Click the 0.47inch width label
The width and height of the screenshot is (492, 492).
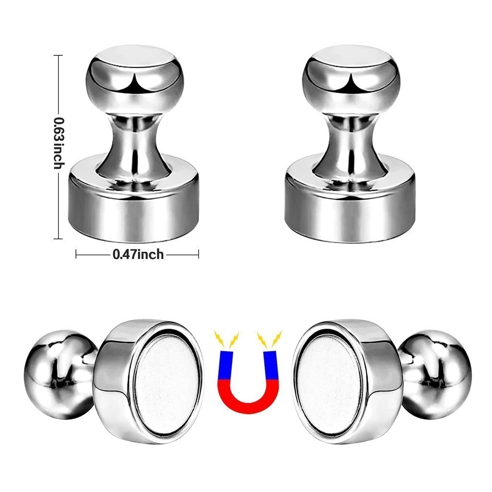coord(138,254)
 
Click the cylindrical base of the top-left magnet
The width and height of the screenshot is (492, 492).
coord(134,207)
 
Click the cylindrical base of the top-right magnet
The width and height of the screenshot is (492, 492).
coord(351,207)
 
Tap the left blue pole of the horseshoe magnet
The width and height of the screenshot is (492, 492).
coord(226,365)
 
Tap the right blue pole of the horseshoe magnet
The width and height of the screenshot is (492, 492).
coord(271,365)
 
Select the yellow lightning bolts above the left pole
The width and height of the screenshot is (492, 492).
coord(227,339)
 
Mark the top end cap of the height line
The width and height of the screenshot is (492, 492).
coord(59,56)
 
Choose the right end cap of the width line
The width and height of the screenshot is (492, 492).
coord(198,254)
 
